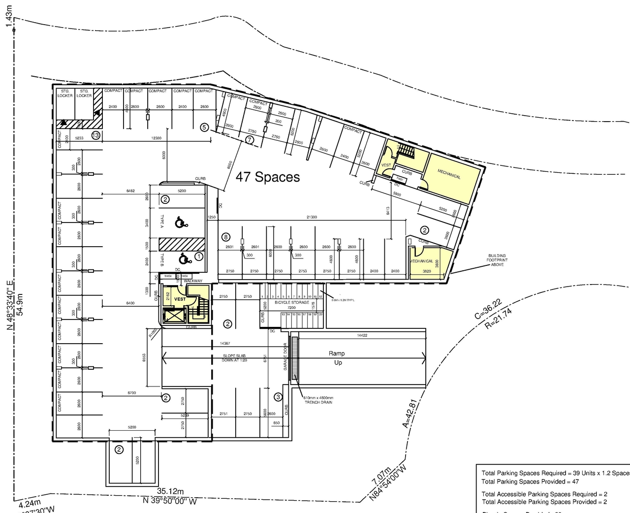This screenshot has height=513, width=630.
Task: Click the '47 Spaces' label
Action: (x=268, y=177)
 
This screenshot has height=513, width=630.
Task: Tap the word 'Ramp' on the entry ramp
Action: (x=337, y=353)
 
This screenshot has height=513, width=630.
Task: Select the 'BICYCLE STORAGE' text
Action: (x=292, y=302)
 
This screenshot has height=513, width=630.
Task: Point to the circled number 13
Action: (x=95, y=135)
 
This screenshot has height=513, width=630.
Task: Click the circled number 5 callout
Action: (x=205, y=127)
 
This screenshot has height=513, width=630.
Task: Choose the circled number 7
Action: (x=250, y=140)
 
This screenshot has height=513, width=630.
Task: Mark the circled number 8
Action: (x=226, y=236)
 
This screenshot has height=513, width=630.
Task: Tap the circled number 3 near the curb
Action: (x=278, y=397)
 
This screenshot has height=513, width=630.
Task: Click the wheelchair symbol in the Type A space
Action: (x=181, y=223)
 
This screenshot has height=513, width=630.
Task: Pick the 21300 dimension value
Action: (x=312, y=217)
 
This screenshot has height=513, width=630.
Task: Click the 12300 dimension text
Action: (x=156, y=138)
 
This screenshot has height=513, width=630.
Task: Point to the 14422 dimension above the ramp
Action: (x=362, y=335)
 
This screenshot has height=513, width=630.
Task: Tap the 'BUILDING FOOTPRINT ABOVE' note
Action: (x=497, y=260)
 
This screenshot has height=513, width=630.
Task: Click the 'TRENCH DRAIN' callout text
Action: (x=318, y=402)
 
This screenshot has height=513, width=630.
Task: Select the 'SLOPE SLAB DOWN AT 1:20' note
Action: (x=234, y=358)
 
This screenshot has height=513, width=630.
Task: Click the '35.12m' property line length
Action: (x=170, y=491)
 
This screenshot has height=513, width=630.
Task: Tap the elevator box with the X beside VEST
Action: (x=172, y=315)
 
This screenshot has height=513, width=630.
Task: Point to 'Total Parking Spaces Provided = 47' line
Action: (x=530, y=481)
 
